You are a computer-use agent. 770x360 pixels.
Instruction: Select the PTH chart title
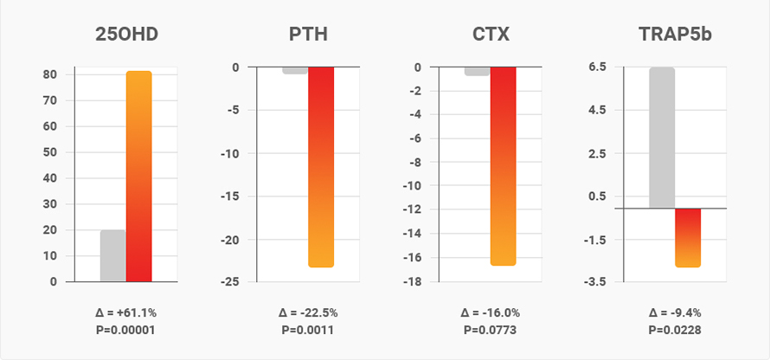point(307,35)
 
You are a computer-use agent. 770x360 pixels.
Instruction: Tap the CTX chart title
point(490,35)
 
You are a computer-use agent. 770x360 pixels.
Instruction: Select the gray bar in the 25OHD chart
point(112,255)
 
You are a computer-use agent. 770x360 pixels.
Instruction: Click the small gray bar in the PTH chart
point(295,70)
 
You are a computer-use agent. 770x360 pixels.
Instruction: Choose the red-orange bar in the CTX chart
point(503,165)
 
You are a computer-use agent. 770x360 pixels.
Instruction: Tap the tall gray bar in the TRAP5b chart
point(662,138)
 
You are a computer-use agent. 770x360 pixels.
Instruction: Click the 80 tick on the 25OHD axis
point(52,74)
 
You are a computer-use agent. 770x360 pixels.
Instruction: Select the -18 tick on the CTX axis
point(414,282)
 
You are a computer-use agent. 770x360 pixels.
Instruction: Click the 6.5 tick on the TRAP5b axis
point(597,67)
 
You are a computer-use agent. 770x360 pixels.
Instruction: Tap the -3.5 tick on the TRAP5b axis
point(595,282)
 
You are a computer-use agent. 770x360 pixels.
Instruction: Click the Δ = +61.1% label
point(125,312)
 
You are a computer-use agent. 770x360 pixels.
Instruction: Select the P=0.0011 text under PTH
point(307,330)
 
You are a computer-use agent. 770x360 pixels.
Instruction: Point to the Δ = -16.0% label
point(490,312)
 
